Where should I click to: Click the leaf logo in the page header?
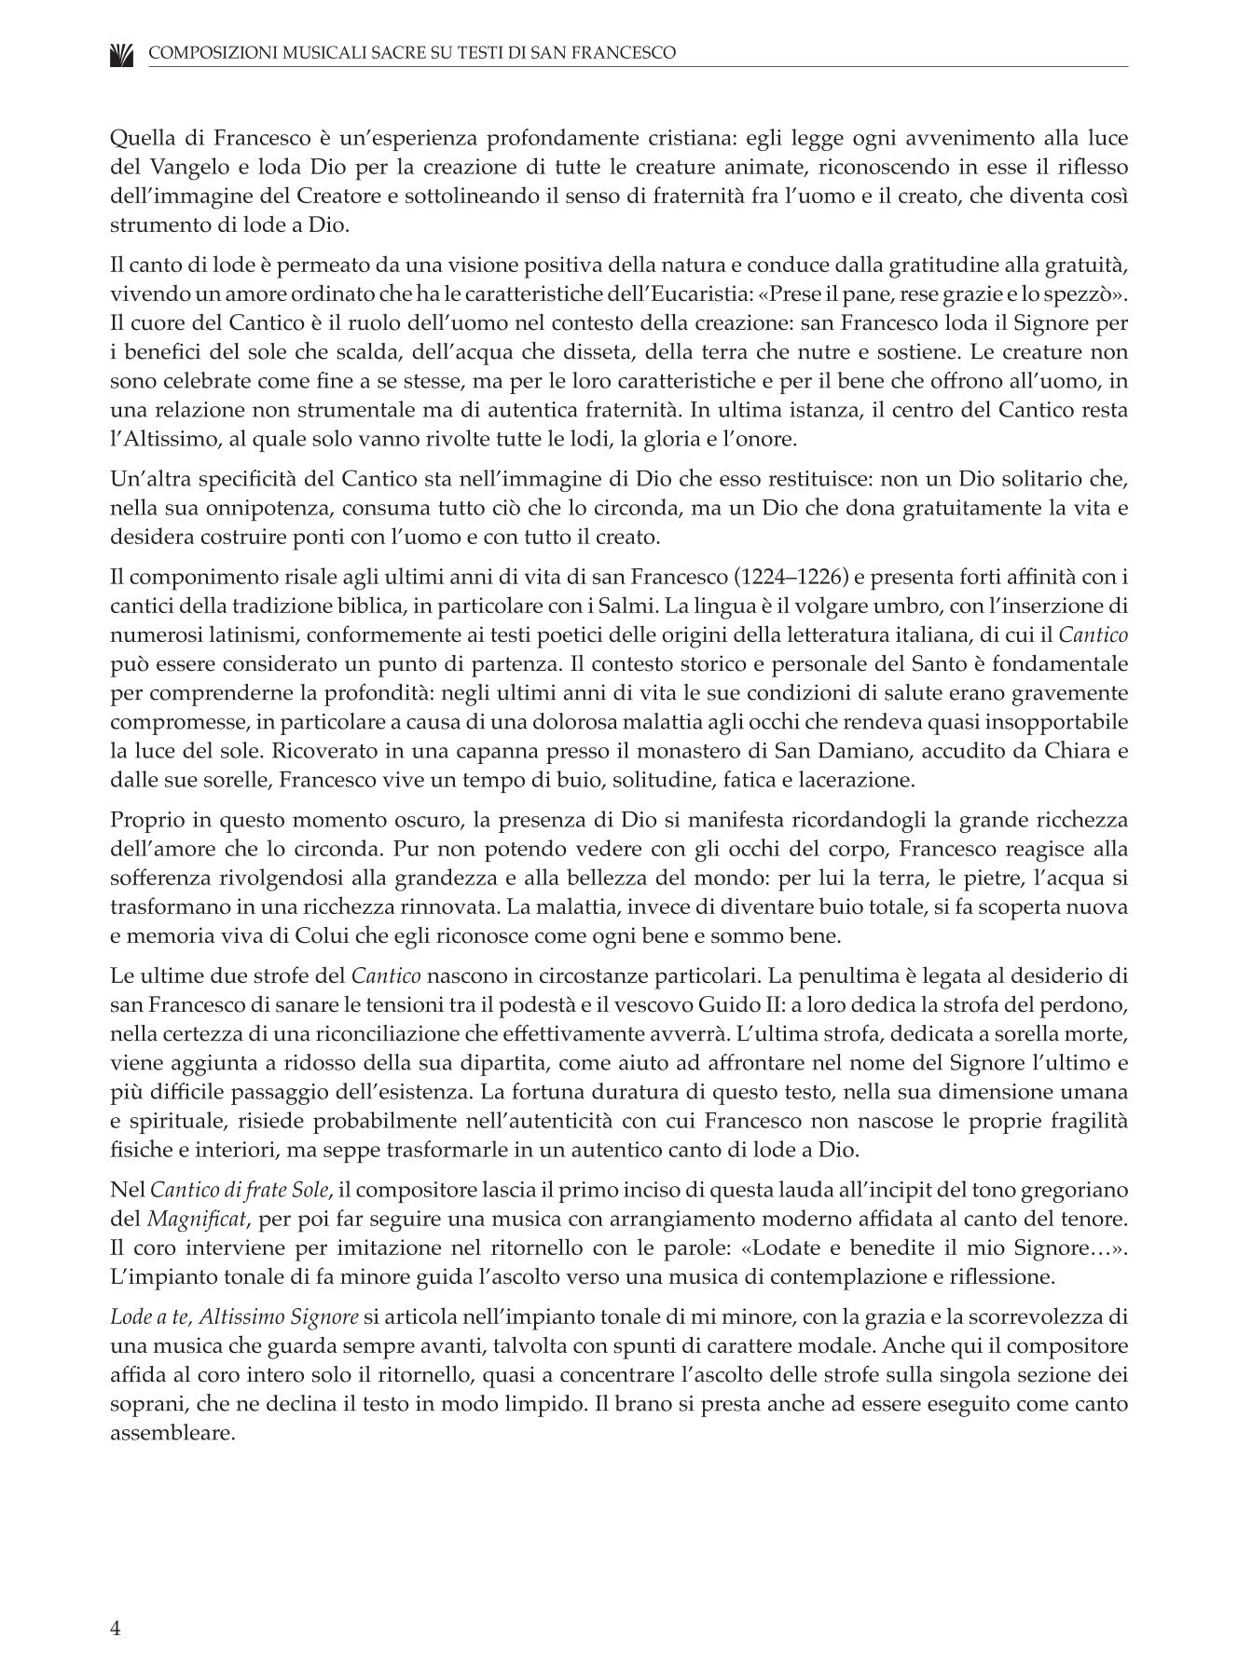121,54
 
